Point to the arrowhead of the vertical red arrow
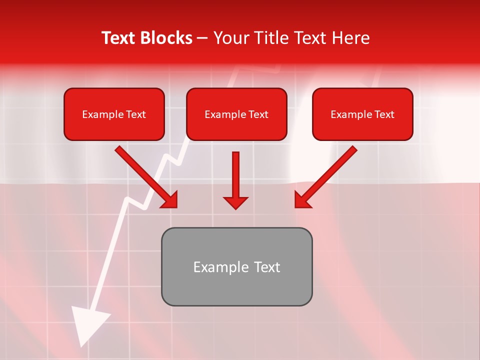click(235, 202)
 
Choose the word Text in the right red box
click(384, 114)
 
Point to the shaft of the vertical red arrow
click(235, 172)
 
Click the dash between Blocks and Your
click(202, 38)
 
